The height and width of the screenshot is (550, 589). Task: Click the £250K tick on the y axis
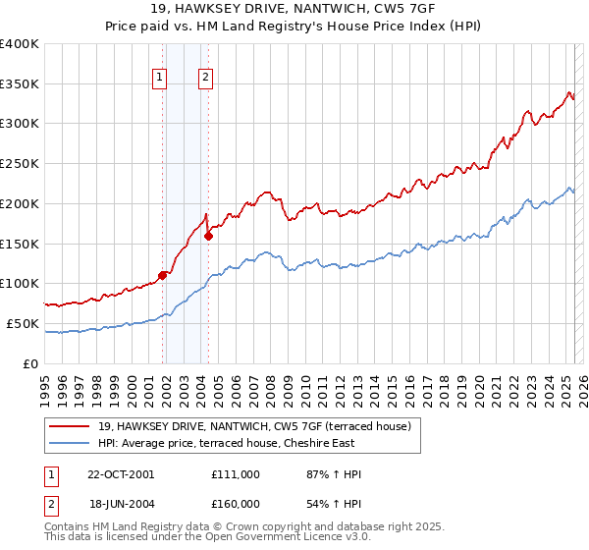point(21,164)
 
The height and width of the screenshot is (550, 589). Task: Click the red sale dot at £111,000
point(162,275)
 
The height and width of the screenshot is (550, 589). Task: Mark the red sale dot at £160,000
point(208,236)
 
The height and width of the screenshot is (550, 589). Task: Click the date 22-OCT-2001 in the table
point(121,474)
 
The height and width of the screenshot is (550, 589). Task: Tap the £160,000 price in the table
point(236,503)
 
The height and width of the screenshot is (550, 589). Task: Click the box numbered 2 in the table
point(50,503)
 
